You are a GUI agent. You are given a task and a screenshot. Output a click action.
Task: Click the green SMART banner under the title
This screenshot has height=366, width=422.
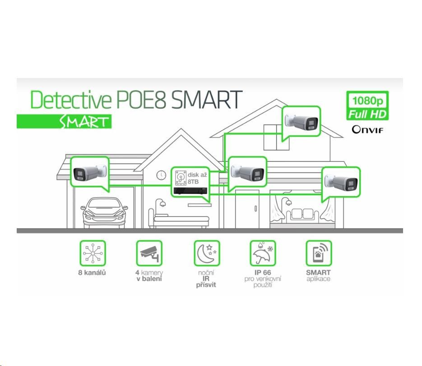click(64, 121)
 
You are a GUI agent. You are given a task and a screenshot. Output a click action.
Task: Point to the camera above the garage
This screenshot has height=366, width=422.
click(90, 173)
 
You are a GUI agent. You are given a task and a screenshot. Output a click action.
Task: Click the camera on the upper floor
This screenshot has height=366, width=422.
click(301, 121)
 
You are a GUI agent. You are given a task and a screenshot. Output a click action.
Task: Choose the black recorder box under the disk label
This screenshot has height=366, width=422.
click(192, 191)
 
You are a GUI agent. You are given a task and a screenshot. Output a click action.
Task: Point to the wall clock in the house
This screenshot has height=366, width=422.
click(161, 175)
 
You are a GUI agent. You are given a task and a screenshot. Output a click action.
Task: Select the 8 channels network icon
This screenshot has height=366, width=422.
click(93, 253)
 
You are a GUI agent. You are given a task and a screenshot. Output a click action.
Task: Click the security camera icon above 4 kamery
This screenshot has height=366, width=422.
click(149, 253)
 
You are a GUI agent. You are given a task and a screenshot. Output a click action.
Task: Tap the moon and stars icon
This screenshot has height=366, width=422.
click(206, 253)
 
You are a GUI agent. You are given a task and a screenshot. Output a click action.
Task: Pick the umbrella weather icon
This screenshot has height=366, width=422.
click(263, 253)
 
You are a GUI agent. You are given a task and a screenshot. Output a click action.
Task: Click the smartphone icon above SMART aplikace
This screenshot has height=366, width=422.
click(319, 253)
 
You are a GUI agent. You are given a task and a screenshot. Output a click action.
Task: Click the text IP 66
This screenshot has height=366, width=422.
click(262, 273)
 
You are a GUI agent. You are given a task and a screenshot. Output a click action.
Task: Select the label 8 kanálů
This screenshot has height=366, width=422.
click(92, 273)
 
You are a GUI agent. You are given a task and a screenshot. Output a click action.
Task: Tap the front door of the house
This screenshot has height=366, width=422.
click(247, 209)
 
